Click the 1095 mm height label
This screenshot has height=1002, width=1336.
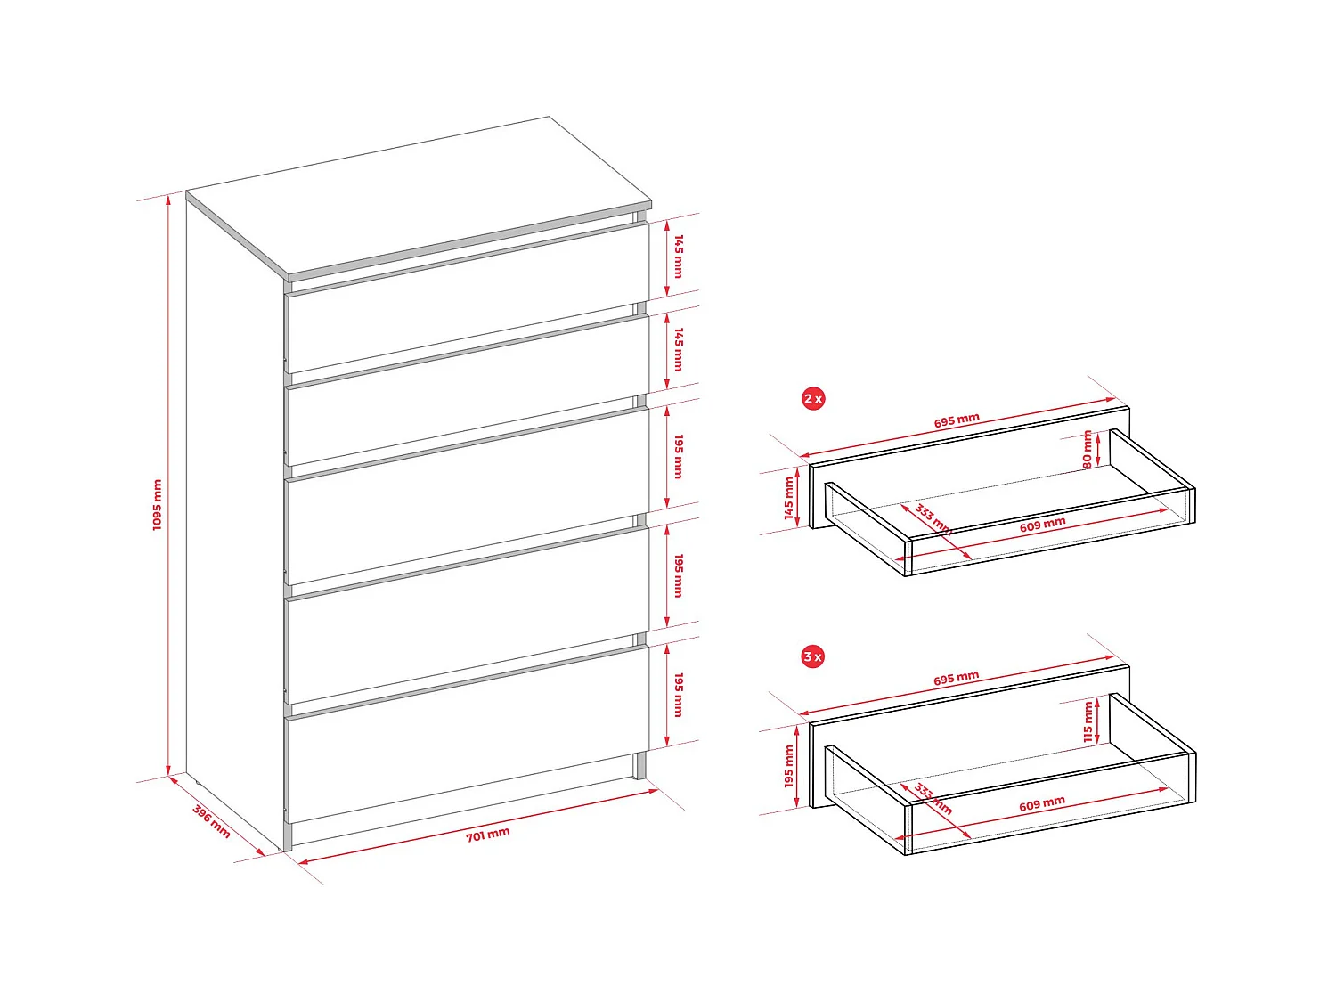tap(158, 505)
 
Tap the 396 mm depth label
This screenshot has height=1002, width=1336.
tap(212, 821)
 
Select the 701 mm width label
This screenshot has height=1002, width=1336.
tap(488, 834)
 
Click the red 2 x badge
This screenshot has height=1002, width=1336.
tap(812, 398)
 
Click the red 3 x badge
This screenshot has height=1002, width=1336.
tap(812, 656)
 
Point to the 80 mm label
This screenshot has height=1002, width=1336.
tap(1088, 450)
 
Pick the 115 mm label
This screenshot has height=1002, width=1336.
tap(1088, 721)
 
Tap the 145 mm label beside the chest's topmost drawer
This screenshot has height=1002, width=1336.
tap(679, 257)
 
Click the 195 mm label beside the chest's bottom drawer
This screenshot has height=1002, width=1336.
tap(679, 695)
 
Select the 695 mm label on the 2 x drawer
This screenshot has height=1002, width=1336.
tap(957, 420)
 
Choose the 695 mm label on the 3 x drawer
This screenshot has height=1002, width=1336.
tap(957, 679)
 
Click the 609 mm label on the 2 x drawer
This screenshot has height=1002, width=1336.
tap(1042, 525)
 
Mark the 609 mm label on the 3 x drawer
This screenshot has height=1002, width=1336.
tap(1042, 803)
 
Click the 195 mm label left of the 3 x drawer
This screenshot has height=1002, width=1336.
tap(788, 766)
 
